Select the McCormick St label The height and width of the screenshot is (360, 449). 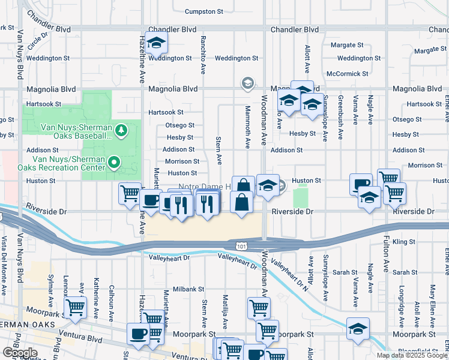coord(347,74)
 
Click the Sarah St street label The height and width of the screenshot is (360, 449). coord(345,272)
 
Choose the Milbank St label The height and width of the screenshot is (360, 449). coord(188,289)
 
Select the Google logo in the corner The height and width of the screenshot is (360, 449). coord(20,353)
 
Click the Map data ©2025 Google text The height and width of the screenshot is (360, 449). coord(412,355)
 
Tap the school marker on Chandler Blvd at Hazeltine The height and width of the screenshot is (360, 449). coord(156,43)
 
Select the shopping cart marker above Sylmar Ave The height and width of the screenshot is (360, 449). coord(75,307)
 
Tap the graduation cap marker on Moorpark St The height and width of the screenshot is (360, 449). coord(358,329)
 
